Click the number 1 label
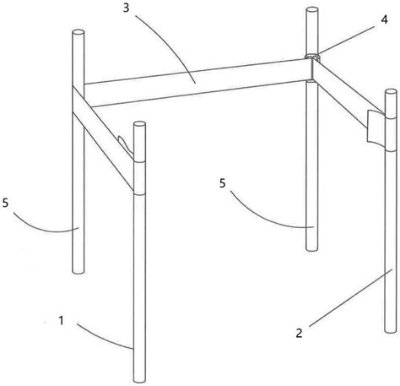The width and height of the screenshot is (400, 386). tap(61, 320)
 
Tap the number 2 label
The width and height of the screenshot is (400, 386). tap(299, 333)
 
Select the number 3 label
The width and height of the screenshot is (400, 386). tap(127, 8)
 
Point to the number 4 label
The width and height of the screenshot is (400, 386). tap(384, 20)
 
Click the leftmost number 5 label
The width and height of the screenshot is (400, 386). tap(6, 203)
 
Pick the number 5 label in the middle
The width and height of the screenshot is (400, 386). tap(223, 183)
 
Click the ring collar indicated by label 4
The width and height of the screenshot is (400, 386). tap(312, 57)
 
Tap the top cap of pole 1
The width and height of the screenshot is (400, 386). tap(140, 124)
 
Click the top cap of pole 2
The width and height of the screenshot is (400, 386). tap(391, 92)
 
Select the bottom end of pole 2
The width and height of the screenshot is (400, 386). tap(391, 330)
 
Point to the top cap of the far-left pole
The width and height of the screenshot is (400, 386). tap(78, 32)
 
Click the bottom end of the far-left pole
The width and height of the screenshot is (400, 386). tap(78, 271)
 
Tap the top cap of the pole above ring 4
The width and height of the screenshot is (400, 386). tap(311, 11)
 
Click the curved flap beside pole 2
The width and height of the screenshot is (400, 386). tap(376, 128)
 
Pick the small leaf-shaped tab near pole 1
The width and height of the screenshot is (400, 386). tap(125, 144)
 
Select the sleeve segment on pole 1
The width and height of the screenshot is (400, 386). tap(140, 177)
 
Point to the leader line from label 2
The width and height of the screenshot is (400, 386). tap(350, 298)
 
